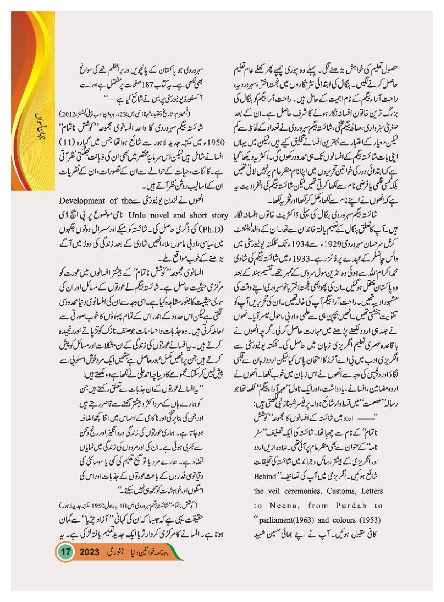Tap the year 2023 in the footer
tap(96, 552)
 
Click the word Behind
tap(265, 476)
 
